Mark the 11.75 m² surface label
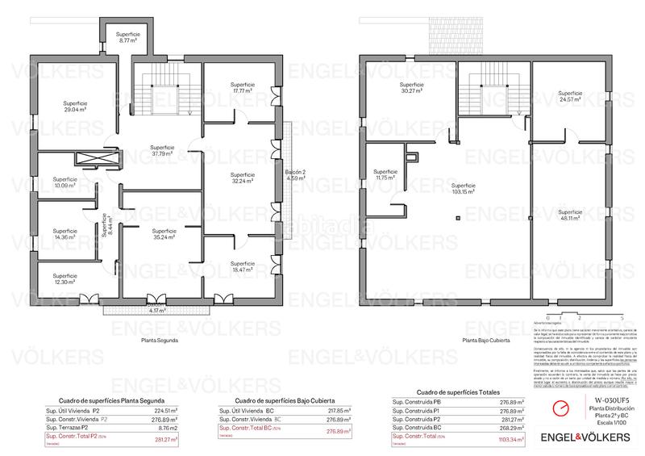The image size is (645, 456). tap(385, 174)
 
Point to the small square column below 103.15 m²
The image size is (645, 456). tap(456, 217)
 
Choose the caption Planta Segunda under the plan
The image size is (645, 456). tap(159, 341)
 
